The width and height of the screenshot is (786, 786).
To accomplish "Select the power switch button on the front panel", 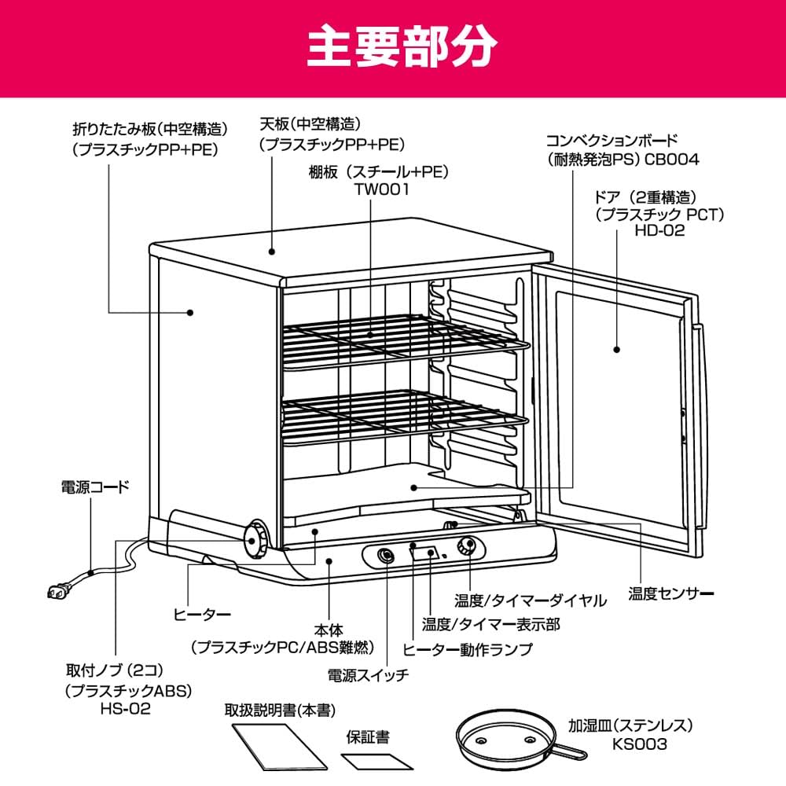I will point(386,556).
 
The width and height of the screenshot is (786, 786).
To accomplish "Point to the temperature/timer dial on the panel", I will point(467,545).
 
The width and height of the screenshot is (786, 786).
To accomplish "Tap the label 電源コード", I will point(95,487).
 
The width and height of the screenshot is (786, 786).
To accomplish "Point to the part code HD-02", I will point(659,230).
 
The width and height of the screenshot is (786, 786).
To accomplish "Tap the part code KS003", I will point(633,743).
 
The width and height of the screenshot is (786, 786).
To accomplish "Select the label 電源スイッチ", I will point(368,675).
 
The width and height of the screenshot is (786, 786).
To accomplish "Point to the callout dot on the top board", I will point(272,252).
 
